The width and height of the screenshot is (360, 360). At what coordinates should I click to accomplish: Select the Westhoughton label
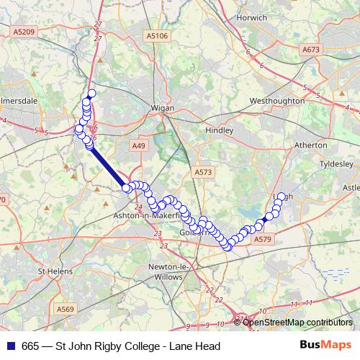pyautogui.click(x=276, y=102)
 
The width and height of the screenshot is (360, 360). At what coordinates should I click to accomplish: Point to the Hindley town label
pyautogui.click(x=220, y=130)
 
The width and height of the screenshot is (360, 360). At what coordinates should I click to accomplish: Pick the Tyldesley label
pyautogui.click(x=338, y=163)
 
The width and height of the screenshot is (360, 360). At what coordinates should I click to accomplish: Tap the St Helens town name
pyautogui.click(x=52, y=271)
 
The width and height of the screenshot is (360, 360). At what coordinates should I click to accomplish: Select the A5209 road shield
pyautogui.click(x=23, y=32)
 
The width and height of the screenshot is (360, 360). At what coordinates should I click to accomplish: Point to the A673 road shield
pyautogui.click(x=311, y=50)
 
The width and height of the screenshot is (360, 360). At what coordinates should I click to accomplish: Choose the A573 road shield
pyautogui.click(x=203, y=172)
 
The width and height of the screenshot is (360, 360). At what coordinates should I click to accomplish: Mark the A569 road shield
pyautogui.click(x=66, y=309)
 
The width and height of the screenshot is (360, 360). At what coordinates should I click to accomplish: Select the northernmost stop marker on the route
pyautogui.click(x=91, y=94)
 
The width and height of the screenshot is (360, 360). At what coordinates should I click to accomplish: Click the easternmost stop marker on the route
pyautogui.click(x=281, y=196)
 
